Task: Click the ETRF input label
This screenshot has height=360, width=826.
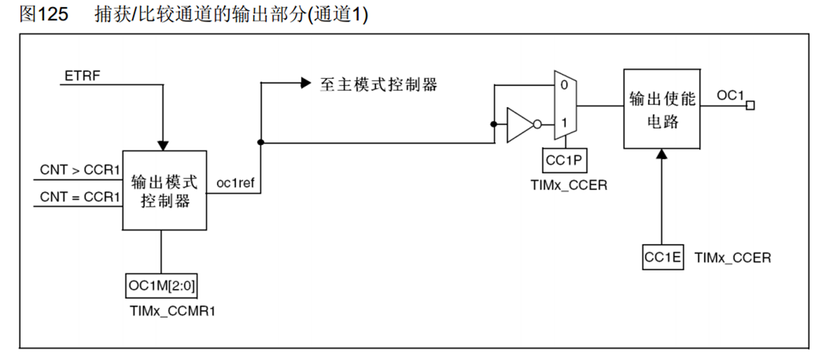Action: [82, 76]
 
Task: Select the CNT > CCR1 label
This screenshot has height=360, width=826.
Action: [80, 170]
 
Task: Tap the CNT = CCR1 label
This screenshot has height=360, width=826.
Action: [80, 197]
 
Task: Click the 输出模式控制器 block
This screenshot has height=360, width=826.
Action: [165, 190]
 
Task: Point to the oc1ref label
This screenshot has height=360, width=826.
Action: [235, 182]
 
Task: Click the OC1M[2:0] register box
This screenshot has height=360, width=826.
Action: [162, 286]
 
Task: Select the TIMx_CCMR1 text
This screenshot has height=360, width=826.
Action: [172, 311]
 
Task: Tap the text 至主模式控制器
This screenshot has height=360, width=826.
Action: [378, 84]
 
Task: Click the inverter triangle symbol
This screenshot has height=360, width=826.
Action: [519, 124]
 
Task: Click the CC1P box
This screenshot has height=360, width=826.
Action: [564, 161]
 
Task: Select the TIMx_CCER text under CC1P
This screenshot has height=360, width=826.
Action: [569, 185]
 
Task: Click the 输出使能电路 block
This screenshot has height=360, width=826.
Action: [661, 109]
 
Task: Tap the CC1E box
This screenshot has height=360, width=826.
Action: [663, 258]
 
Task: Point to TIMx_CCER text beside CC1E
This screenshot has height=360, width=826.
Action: [732, 258]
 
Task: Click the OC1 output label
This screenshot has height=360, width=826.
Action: [730, 96]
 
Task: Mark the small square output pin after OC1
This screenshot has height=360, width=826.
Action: [750, 105]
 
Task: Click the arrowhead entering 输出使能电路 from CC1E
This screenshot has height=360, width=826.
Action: [662, 154]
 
